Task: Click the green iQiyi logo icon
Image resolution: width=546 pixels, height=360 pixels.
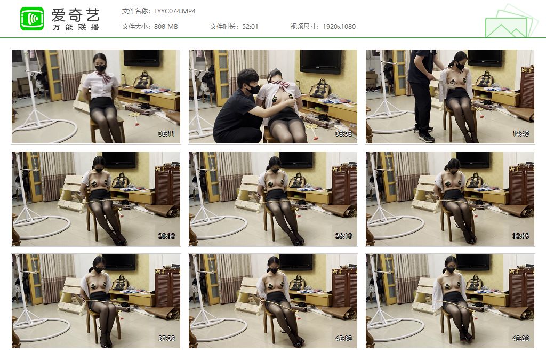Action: [32, 19]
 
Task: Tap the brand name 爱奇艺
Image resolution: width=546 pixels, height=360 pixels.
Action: [76, 14]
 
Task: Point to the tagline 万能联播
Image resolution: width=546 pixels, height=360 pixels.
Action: [76, 27]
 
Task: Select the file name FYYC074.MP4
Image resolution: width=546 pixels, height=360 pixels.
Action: [175, 11]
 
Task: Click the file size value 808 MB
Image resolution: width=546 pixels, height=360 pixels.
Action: [166, 27]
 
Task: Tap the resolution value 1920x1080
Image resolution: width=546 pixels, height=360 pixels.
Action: [339, 27]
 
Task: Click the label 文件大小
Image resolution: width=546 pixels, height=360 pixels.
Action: [134, 27]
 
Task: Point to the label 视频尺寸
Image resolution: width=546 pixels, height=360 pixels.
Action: [303, 27]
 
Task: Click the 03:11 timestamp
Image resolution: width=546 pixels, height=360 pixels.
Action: [166, 134]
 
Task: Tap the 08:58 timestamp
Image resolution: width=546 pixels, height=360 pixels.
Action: [343, 134]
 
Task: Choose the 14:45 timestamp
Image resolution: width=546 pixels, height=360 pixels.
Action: [520, 134]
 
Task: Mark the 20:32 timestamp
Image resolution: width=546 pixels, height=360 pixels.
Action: [166, 236]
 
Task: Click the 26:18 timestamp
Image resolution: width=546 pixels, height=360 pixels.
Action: [343, 236]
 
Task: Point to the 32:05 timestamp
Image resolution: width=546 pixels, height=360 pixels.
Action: [520, 236]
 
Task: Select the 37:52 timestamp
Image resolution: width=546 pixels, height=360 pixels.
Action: [166, 339]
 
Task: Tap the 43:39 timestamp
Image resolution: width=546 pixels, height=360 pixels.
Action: [343, 339]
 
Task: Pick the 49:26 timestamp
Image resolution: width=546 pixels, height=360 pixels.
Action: [520, 339]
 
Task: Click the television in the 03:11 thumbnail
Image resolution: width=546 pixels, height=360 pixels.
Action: [142, 58]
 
